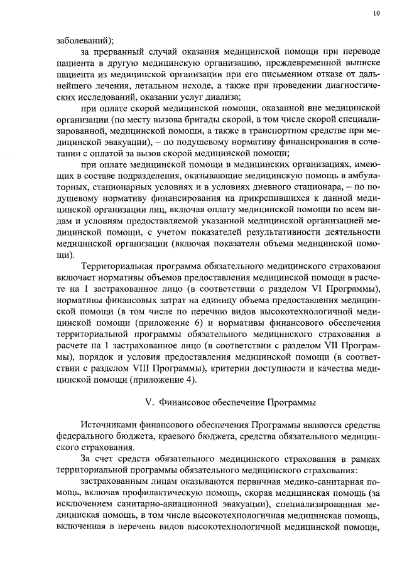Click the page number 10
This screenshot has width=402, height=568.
click(376, 13)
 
